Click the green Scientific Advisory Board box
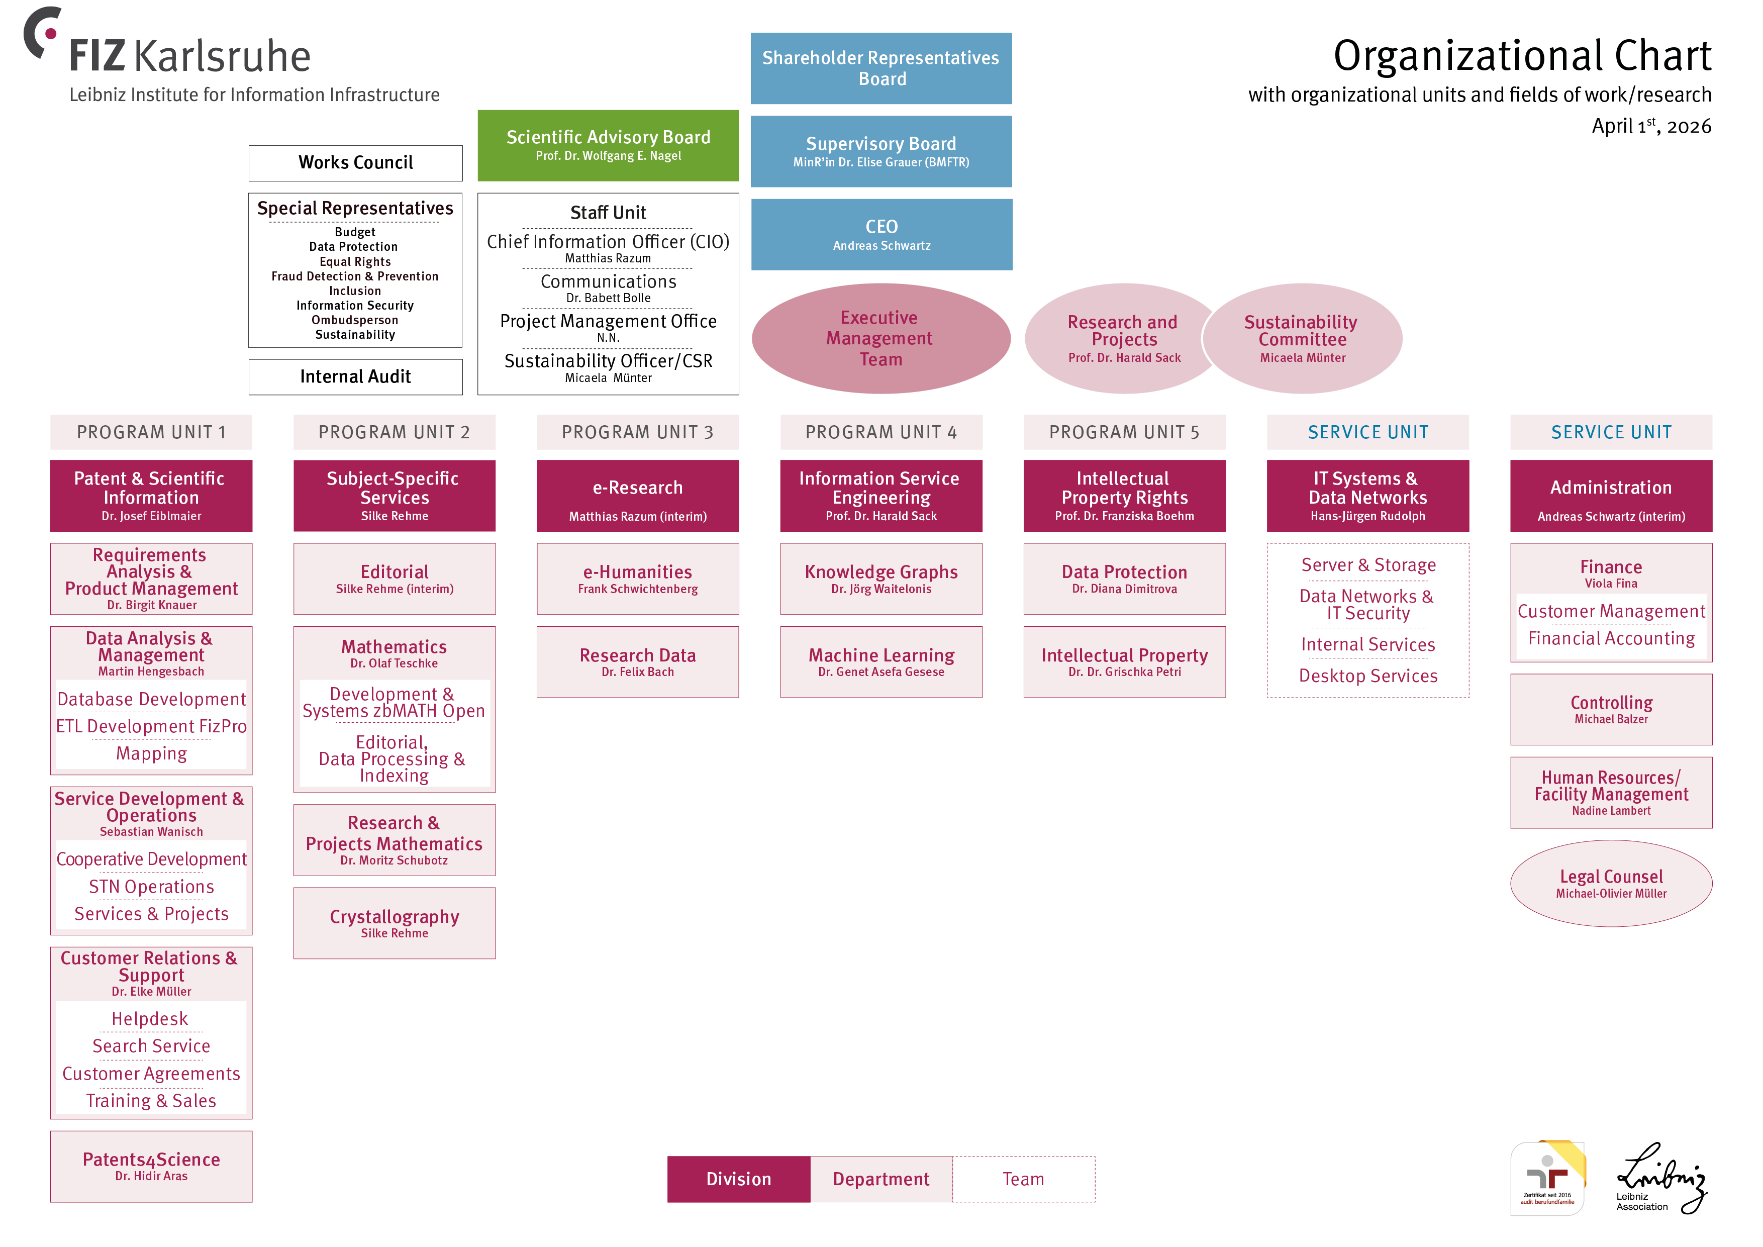[608, 145]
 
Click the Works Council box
[355, 163]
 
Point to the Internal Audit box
[355, 376]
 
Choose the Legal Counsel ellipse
[1610, 883]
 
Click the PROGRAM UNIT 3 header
[637, 432]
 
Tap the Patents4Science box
[151, 1166]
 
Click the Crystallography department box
[394, 922]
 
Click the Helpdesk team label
[150, 1019]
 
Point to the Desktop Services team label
[1367, 676]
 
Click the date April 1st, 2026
[1651, 126]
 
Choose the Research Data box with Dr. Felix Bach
[637, 661]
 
